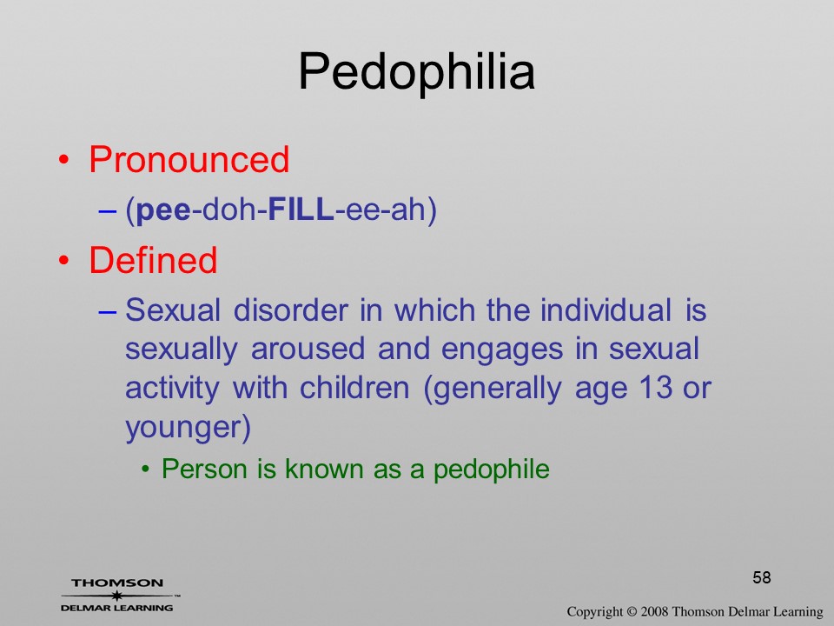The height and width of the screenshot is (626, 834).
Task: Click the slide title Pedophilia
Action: (x=416, y=72)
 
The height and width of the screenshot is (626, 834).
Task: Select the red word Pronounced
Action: (x=189, y=159)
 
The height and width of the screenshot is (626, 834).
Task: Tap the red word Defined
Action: (x=153, y=260)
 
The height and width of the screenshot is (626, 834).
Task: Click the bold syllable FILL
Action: (x=301, y=210)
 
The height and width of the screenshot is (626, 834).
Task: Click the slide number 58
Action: (x=762, y=577)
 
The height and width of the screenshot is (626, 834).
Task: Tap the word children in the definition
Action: (x=354, y=388)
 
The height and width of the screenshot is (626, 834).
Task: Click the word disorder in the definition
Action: (x=291, y=310)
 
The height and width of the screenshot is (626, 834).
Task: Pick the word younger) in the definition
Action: (x=188, y=428)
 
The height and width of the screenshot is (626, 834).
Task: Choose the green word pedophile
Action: (x=492, y=469)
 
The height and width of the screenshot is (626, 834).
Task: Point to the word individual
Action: (x=606, y=310)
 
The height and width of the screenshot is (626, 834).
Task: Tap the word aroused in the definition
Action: (x=308, y=350)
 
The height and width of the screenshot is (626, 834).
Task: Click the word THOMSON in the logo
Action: (x=117, y=583)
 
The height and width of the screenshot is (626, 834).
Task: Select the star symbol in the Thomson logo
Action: (x=117, y=596)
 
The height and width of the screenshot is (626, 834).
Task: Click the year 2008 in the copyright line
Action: (x=653, y=611)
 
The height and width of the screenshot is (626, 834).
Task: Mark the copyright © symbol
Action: (x=632, y=611)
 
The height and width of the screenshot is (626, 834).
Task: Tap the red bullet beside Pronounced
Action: (x=63, y=160)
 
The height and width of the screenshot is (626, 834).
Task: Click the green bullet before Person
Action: (x=145, y=469)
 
